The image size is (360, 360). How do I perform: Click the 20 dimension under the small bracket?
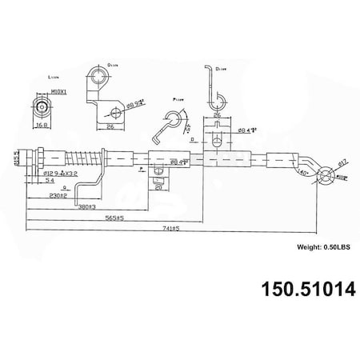point(159,190)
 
